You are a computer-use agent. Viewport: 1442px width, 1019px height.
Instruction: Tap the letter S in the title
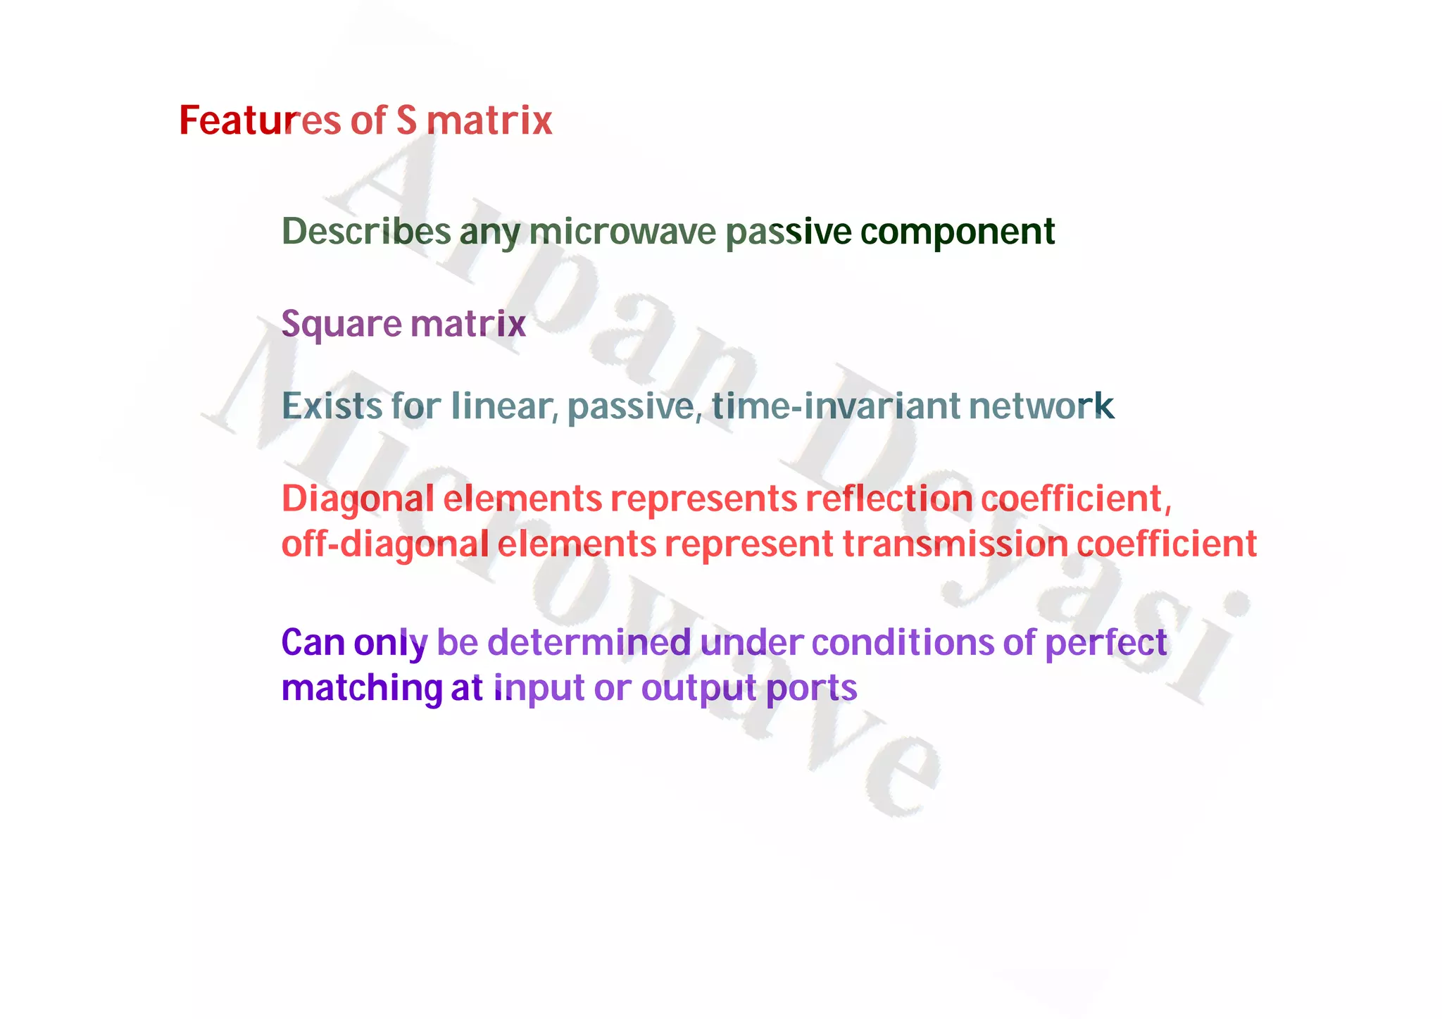point(406,120)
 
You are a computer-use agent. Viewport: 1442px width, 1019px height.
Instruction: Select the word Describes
point(366,231)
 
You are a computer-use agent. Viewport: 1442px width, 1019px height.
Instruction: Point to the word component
point(958,232)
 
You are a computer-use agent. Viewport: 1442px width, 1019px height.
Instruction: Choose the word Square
point(341,325)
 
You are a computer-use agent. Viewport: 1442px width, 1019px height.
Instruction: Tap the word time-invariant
point(836,406)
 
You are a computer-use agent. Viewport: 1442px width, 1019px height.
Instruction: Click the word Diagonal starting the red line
point(358,499)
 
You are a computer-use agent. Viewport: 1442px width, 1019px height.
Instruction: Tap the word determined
point(589,642)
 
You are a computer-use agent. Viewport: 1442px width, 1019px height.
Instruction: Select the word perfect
point(1105,642)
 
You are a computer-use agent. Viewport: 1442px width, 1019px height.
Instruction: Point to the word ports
point(811,688)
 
